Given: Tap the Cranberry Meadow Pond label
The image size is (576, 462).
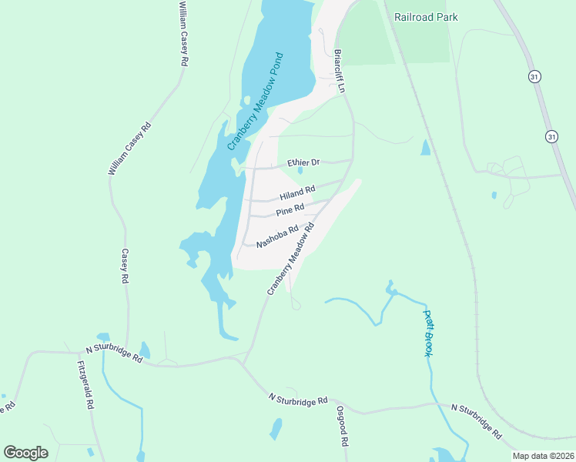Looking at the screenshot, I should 256,101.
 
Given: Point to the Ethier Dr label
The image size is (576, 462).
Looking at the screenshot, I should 303,162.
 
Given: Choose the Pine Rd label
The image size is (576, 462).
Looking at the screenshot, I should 290,209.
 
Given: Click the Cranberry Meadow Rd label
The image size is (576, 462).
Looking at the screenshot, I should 292,259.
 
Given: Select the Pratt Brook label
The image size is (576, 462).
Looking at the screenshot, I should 429,332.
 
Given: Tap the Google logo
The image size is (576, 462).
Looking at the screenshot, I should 25,453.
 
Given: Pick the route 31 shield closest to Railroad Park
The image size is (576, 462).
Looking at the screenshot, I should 534,75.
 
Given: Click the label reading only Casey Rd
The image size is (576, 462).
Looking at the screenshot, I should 124,266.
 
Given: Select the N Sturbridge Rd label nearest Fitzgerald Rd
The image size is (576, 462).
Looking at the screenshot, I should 116,353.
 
